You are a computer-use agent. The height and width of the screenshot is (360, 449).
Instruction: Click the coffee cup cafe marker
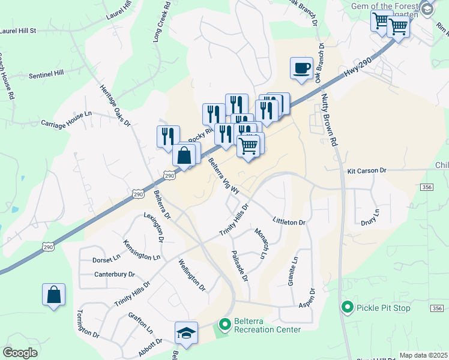pos(301,68)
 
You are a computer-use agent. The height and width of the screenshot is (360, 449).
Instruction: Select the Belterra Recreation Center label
pos(267,325)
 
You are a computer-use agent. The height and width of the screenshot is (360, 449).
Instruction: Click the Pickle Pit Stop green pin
pos(347,308)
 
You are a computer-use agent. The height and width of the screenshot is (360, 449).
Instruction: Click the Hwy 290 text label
pos(359,63)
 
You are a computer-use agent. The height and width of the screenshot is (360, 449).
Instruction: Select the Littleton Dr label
pos(289,222)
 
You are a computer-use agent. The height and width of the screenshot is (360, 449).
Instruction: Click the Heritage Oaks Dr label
pos(115,106)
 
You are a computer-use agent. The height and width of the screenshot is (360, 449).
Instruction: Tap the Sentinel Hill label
pos(46,75)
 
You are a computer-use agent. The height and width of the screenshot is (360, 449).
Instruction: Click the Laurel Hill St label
pos(19,30)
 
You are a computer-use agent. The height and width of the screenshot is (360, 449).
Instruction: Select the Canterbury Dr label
pos(114,275)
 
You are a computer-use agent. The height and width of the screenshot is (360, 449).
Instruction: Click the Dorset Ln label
pos(106,260)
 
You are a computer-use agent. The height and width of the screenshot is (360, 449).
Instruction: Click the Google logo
pos(20,352)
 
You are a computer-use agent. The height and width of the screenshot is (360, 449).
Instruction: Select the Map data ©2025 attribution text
pos(423,355)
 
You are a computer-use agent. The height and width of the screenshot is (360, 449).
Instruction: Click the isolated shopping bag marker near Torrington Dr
pos(54,295)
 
